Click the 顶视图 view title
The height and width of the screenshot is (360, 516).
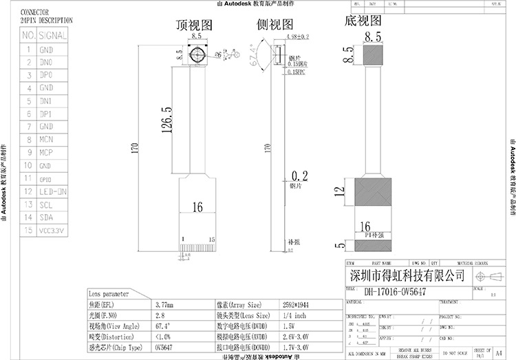pyautogui.click(x=195, y=25)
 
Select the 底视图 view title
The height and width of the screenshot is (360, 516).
pyautogui.click(x=363, y=21)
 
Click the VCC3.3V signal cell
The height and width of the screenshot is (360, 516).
pyautogui.click(x=51, y=231)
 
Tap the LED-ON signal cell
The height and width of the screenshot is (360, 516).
pyautogui.click(x=52, y=192)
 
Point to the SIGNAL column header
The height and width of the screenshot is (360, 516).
pyautogui.click(x=52, y=35)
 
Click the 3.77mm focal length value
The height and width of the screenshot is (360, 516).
pyautogui.click(x=164, y=304)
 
